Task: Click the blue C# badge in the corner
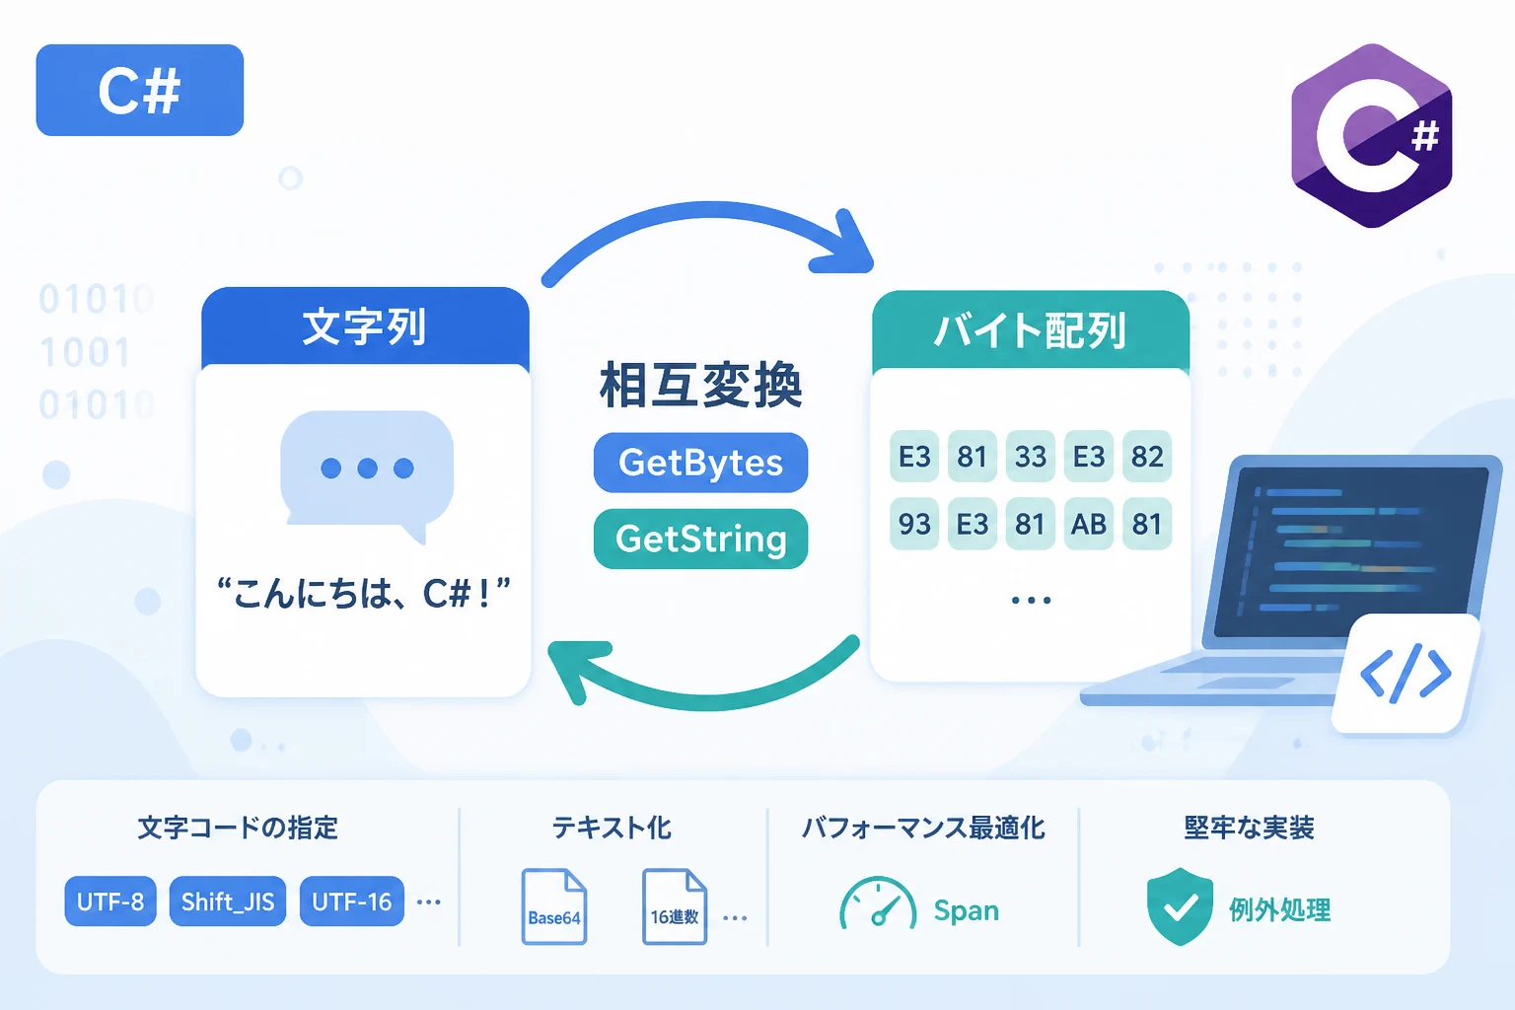coord(139,90)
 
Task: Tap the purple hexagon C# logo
coord(1372,135)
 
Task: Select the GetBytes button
coord(700,463)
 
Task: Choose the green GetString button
coord(700,540)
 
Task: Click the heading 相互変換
coord(700,385)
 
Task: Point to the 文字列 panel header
coord(365,327)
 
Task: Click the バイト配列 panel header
coord(1030,330)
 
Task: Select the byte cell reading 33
coord(1030,457)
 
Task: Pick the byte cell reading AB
coord(1088,524)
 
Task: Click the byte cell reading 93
coord(913,524)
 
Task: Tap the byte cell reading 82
coord(1147,457)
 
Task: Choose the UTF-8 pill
coord(110,902)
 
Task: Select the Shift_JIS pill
coord(228,902)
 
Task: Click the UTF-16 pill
coord(352,902)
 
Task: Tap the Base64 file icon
coord(554,906)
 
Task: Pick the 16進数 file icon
coord(675,906)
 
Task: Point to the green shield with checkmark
coord(1180,906)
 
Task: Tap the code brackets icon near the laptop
coord(1406,674)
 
